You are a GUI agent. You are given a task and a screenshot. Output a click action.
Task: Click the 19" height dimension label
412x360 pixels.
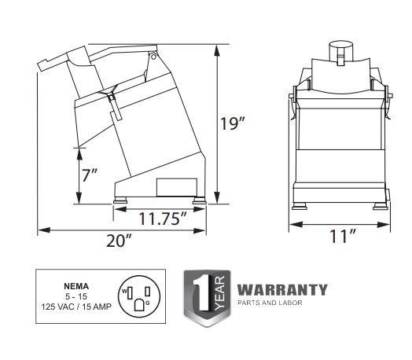(x=232, y=123)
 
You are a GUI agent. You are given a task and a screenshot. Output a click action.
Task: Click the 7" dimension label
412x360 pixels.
(x=90, y=175)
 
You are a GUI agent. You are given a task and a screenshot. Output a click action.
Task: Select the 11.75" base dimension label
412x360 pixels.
(x=163, y=219)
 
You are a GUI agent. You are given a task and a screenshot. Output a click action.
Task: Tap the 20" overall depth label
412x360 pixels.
(x=119, y=241)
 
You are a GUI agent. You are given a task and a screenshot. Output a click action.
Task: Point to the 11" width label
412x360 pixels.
(x=343, y=236)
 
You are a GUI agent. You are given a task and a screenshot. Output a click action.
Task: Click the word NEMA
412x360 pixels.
(x=76, y=286)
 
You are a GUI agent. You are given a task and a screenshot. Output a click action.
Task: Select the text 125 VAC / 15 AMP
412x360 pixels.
(x=76, y=307)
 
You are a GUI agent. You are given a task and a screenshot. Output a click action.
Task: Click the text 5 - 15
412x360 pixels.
(x=76, y=296)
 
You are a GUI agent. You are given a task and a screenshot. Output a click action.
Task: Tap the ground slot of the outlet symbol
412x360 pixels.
(x=139, y=305)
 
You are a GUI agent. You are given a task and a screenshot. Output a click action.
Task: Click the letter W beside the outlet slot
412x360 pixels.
(x=124, y=291)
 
